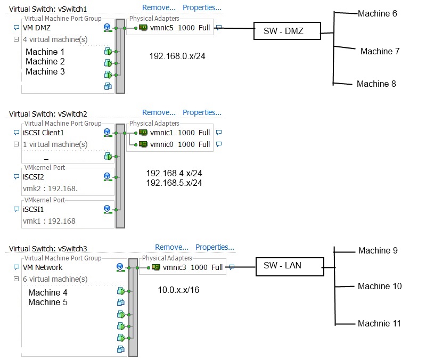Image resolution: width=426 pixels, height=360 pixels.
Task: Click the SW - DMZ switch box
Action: [287, 31]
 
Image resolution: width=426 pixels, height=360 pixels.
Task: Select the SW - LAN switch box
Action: [290, 266]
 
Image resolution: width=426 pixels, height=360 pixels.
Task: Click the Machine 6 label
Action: [378, 13]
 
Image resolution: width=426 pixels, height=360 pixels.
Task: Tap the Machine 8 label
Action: [376, 84]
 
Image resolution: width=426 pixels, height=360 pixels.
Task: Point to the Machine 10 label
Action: [380, 286]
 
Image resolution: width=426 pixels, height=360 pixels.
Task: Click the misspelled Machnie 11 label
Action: [379, 323]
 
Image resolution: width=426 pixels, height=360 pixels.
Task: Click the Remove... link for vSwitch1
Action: [159, 7]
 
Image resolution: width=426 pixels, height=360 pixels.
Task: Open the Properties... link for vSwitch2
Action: [202, 112]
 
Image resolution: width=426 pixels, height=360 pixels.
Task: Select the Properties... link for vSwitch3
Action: [215, 247]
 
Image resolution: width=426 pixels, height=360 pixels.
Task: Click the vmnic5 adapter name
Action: [162, 28]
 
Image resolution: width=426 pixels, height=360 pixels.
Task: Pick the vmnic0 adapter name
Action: [162, 144]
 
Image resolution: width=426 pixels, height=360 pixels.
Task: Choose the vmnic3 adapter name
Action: [175, 267]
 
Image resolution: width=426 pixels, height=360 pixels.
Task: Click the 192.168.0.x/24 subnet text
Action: [178, 55]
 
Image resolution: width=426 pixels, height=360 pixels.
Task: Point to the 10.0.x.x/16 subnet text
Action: [178, 290]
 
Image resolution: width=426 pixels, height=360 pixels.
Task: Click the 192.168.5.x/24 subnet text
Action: [174, 183]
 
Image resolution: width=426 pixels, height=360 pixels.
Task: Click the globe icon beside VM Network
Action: [120, 267]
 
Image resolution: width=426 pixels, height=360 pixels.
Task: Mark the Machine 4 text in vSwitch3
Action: [48, 292]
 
